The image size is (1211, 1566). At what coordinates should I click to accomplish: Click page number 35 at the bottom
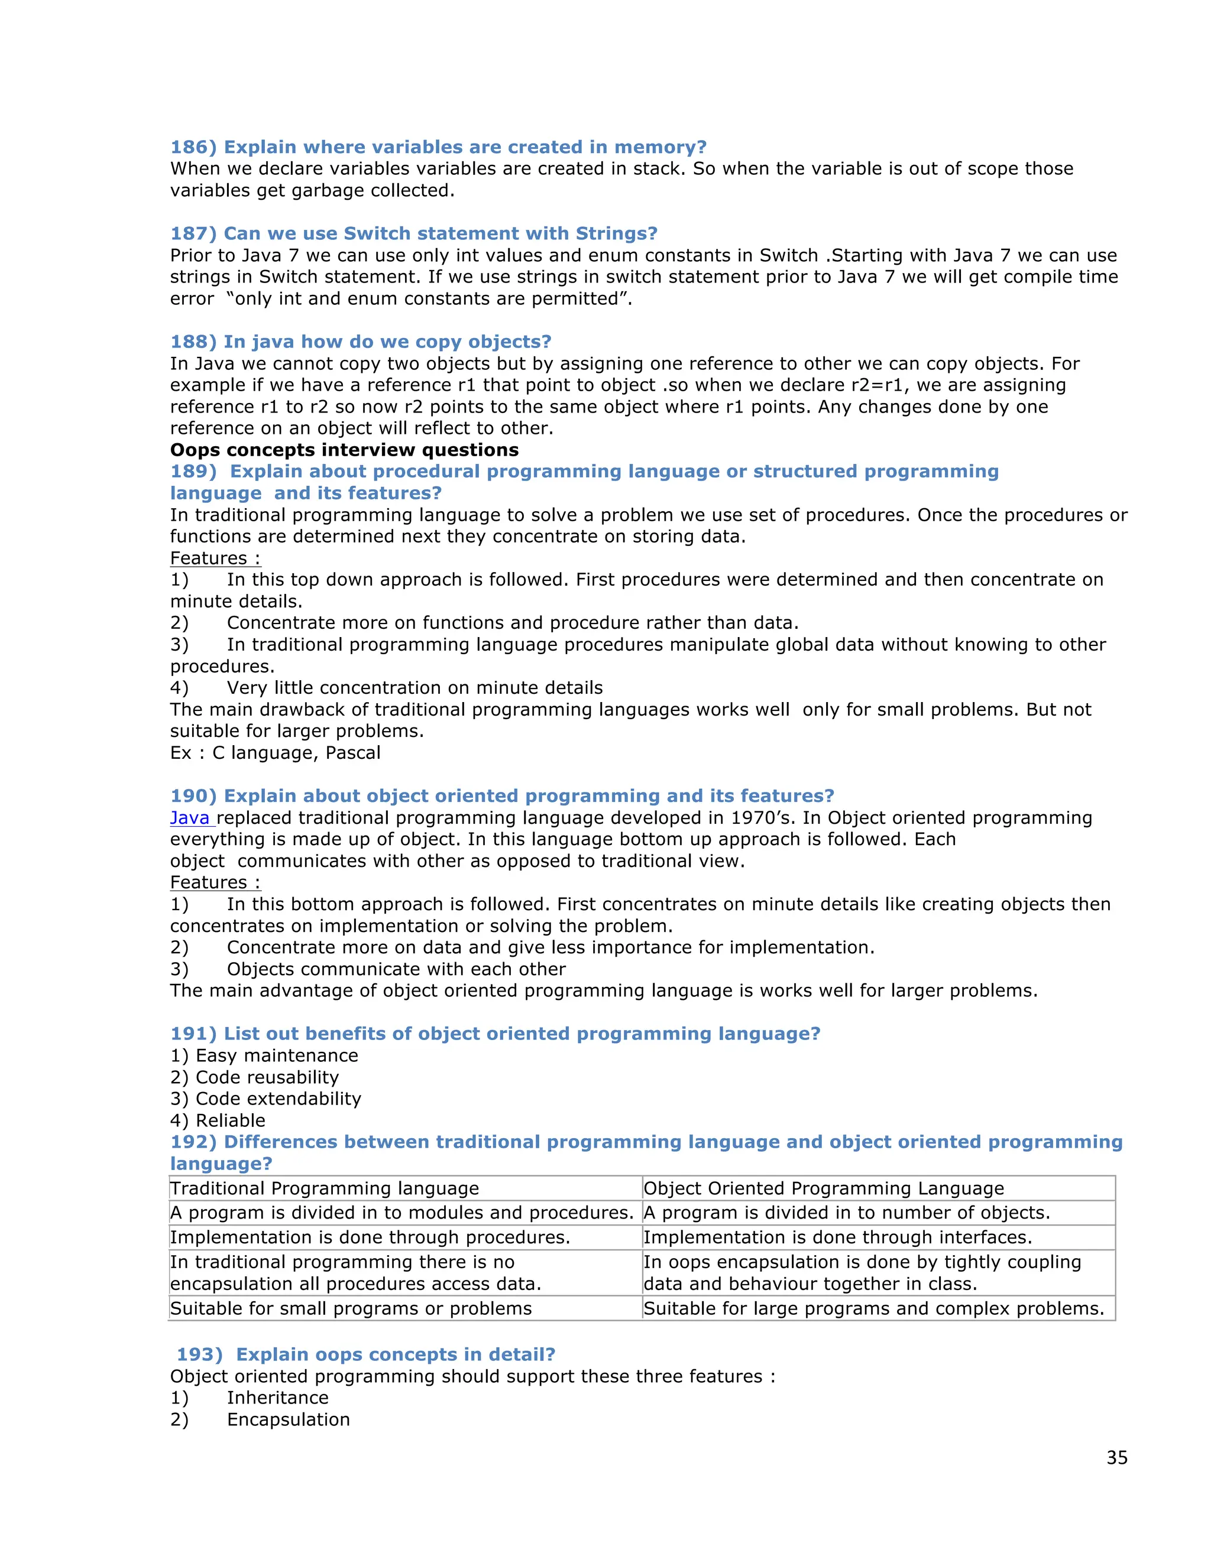[1116, 1458]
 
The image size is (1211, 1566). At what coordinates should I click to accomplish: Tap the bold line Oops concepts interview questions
[344, 450]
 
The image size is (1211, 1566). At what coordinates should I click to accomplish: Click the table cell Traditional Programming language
[324, 1188]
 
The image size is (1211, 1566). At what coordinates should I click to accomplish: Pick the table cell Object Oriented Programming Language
[823, 1188]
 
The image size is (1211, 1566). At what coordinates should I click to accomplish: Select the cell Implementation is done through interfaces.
[837, 1237]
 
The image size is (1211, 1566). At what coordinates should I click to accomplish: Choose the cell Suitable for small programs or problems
[351, 1308]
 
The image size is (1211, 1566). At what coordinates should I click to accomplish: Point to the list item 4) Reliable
[218, 1120]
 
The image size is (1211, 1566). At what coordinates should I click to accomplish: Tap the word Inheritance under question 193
[278, 1398]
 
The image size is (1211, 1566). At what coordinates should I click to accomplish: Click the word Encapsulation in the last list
[289, 1419]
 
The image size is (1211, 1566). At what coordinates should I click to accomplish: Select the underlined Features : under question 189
[215, 558]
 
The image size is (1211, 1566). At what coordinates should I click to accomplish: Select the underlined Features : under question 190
[215, 883]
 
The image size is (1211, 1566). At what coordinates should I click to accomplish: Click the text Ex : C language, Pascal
[275, 753]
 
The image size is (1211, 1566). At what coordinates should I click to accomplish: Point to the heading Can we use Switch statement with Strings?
[440, 234]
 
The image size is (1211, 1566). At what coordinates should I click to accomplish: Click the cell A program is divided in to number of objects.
[847, 1213]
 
